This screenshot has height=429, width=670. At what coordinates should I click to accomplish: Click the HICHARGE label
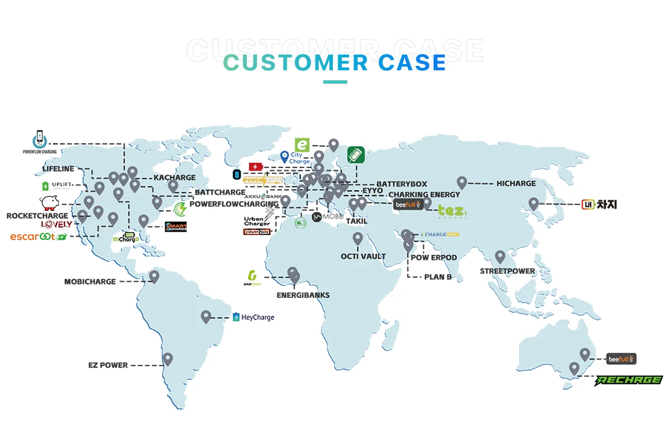coord(516,183)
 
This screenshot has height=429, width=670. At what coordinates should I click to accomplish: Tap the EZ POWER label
coord(108,365)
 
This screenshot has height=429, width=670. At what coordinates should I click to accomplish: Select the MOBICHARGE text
coord(90,282)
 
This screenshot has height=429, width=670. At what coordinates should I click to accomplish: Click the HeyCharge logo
coord(253,317)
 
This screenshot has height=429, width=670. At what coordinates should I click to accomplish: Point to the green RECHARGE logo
coord(628,380)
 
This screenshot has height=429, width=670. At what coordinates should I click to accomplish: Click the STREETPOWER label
coord(508,271)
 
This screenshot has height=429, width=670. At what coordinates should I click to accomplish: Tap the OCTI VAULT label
coord(363,256)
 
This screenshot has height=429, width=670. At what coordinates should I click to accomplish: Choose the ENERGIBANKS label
coord(303,295)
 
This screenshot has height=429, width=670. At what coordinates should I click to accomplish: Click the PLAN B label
coord(438,277)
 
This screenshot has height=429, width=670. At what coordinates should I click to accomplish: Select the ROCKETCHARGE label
coord(37,216)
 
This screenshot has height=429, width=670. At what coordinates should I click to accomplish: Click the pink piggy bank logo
coord(49,202)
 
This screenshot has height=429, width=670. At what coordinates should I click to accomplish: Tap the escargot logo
coord(38,237)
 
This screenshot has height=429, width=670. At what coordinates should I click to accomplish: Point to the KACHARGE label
coord(175,177)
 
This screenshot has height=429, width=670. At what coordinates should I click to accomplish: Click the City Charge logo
coord(295,158)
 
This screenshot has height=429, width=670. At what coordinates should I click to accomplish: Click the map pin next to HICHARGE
coord(462,182)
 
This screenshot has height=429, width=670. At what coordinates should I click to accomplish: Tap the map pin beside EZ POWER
coord(167,359)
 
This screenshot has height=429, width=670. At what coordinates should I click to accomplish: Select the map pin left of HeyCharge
coord(206,316)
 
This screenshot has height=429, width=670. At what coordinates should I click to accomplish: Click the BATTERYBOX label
coord(401,184)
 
